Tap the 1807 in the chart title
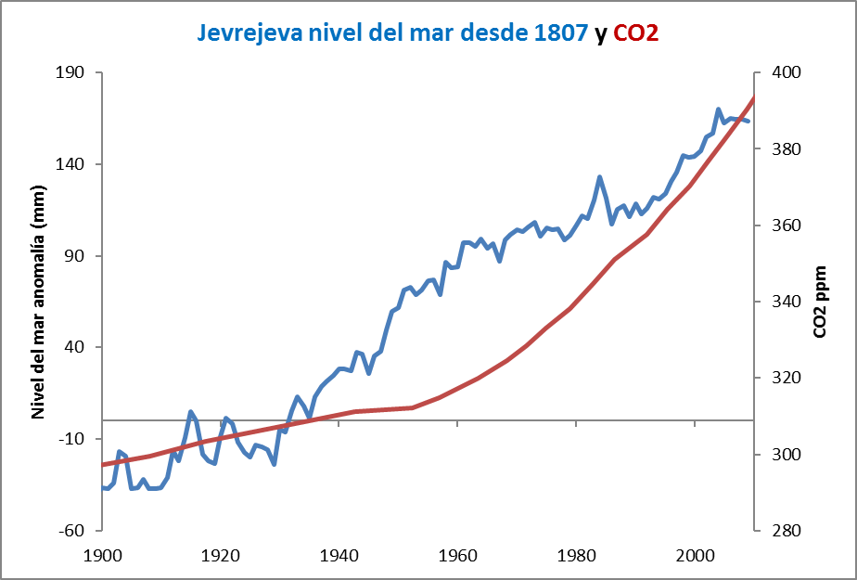tap(562, 34)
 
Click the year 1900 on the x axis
tap(103, 555)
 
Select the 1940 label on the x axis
tap(339, 555)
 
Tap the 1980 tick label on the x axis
tap(576, 555)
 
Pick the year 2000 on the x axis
tap(695, 555)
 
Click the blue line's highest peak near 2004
tap(719, 110)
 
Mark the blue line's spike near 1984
tap(600, 176)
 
